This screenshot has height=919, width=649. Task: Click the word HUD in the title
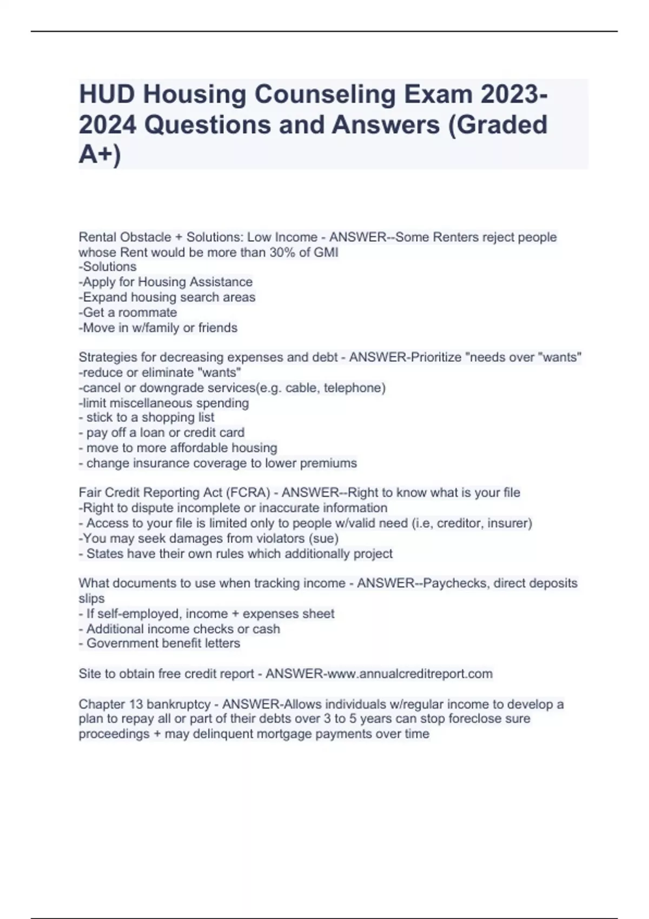click(x=107, y=95)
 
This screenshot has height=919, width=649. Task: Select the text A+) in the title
click(x=100, y=154)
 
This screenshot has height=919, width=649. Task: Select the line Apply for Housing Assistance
click(x=165, y=282)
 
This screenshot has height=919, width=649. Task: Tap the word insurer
click(x=509, y=523)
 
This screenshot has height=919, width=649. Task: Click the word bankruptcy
click(x=178, y=704)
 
